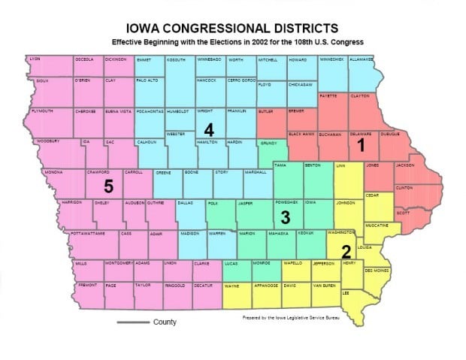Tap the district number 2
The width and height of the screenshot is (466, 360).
pos(346,251)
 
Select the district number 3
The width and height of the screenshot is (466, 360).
pos(284,219)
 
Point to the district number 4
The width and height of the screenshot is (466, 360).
pos(208,130)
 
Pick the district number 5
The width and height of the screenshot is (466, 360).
pos(108,185)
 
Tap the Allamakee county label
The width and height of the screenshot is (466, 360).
pos(362,59)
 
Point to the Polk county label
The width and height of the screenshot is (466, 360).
pos(213,203)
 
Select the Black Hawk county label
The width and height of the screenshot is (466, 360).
pos(301,134)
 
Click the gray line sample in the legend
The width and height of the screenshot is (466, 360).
pos(132,322)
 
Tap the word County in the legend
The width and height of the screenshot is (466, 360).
pos(165,322)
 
